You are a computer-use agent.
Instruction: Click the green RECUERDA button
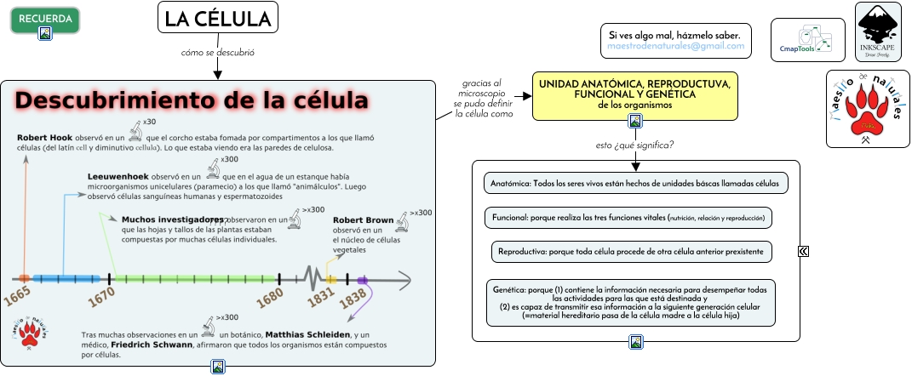pos(45,18)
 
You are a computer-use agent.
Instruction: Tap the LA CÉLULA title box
pos(218,18)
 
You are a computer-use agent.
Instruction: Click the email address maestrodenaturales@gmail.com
pos(675,46)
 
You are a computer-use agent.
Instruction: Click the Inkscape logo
pos(877,31)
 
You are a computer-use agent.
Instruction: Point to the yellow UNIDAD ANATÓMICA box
pos(634,94)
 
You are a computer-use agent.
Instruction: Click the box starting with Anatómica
pos(635,184)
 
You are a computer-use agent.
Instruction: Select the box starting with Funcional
pos(628,218)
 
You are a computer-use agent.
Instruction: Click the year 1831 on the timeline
pos(321,298)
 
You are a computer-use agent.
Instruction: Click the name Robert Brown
pos(364,220)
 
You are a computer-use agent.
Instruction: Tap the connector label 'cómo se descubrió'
pos(218,53)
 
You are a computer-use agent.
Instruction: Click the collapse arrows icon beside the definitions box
pos(803,251)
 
